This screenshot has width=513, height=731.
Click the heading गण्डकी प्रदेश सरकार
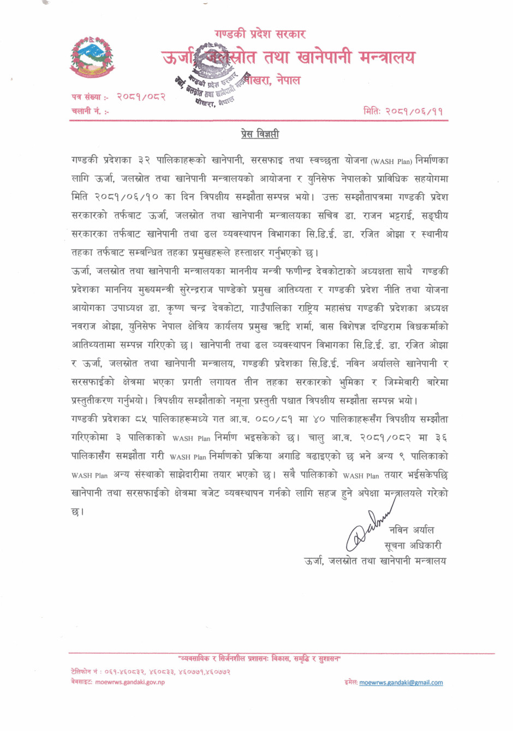tap(260, 34)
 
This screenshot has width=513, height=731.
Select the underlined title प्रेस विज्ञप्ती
tap(260, 134)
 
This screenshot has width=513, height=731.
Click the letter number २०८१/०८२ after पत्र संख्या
tap(141, 96)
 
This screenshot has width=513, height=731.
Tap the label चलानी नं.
tap(90, 111)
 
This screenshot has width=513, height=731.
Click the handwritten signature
tap(367, 529)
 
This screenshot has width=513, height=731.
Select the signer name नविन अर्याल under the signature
tap(411, 530)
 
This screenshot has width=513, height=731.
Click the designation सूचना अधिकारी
tap(413, 545)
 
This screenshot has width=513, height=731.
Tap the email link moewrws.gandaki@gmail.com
tap(401, 682)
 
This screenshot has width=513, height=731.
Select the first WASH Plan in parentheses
tap(391, 161)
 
